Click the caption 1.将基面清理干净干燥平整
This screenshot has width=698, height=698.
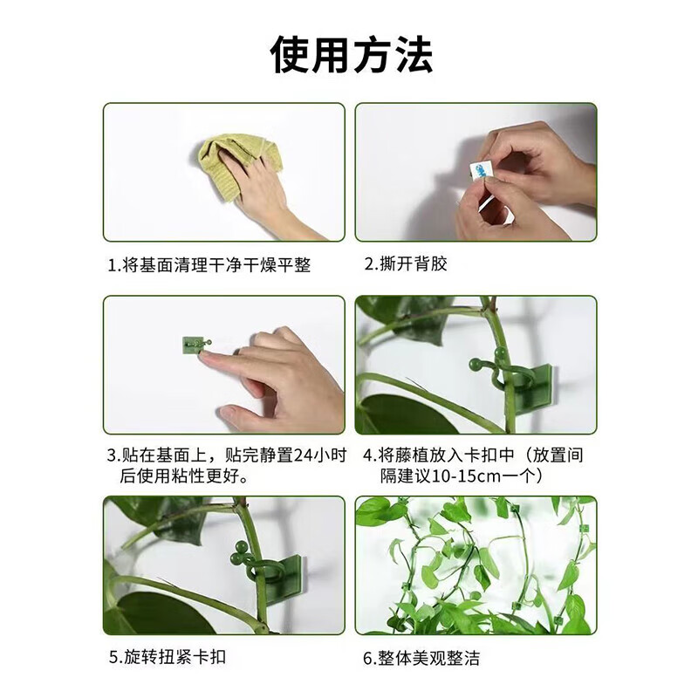click(x=209, y=264)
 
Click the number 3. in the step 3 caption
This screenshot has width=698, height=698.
click(x=113, y=455)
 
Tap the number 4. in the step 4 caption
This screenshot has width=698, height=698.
click(x=369, y=455)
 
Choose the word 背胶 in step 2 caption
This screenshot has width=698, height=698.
click(x=432, y=263)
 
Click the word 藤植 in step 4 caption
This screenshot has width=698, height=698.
click(x=412, y=455)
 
